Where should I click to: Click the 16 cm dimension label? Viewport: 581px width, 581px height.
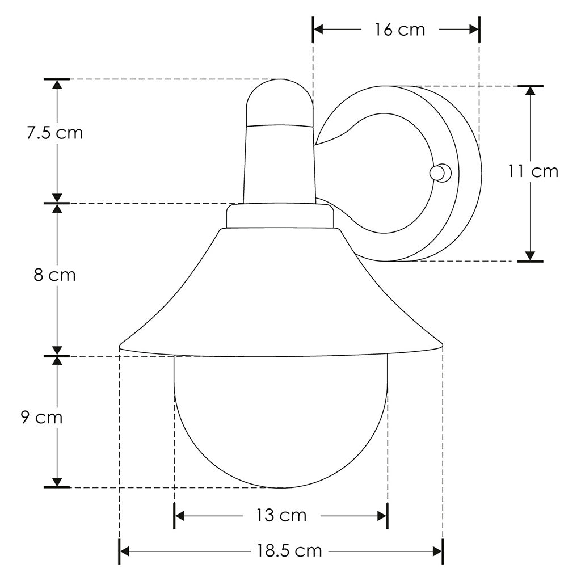pos(400,30)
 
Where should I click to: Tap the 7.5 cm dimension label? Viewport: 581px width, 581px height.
pos(55,133)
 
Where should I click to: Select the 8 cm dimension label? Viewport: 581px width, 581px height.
pos(55,275)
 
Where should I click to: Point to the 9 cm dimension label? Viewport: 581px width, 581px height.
pos(41,418)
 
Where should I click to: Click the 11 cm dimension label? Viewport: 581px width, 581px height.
pos(532,171)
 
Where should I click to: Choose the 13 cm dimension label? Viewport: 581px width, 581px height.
pos(281,515)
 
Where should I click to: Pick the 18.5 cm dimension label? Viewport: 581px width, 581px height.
pos(289,551)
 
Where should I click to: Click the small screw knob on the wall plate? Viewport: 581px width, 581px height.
pos(440,172)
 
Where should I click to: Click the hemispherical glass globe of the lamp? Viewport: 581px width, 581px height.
pos(280,422)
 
